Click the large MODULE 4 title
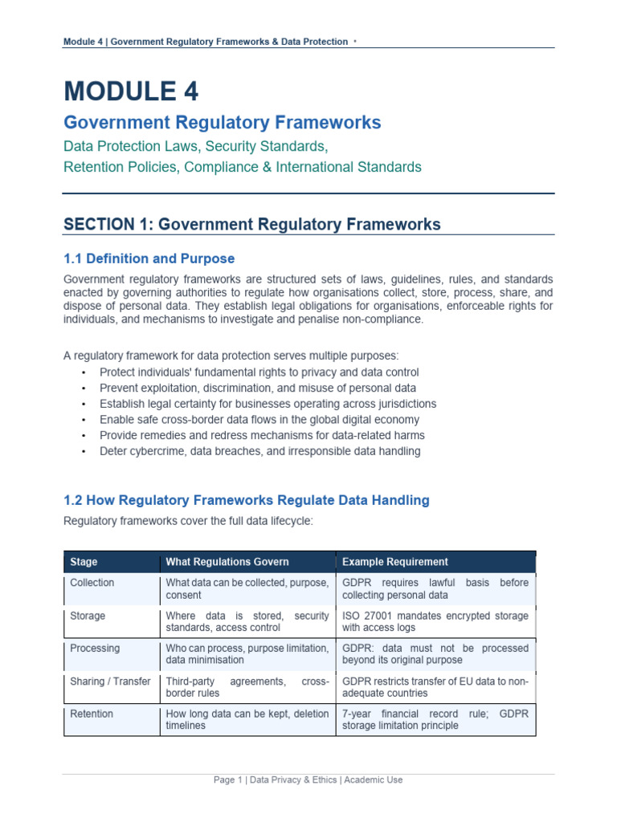click(x=131, y=91)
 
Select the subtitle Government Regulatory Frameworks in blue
click(x=223, y=123)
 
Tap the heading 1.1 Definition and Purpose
click(x=149, y=258)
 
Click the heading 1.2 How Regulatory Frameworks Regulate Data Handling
click(x=246, y=500)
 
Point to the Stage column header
click(x=84, y=562)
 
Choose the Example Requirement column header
click(x=395, y=562)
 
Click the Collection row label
click(x=92, y=583)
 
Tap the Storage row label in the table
click(x=88, y=616)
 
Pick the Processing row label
click(x=95, y=648)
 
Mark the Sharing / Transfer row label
click(x=110, y=682)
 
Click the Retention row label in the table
click(x=92, y=714)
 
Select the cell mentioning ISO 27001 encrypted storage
click(x=435, y=621)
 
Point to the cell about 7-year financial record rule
click(x=435, y=719)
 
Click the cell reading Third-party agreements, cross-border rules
click(x=247, y=687)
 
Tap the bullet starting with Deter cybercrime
click(x=259, y=451)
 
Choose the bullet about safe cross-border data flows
click(x=259, y=419)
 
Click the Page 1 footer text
click(x=308, y=779)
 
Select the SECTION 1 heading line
click(x=251, y=225)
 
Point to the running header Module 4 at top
click(x=206, y=42)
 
